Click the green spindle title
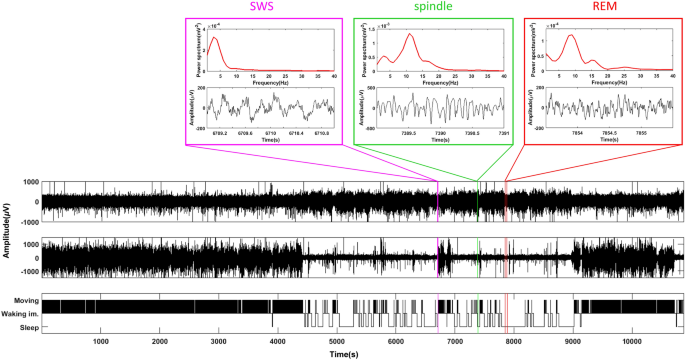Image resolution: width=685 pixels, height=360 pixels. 432,7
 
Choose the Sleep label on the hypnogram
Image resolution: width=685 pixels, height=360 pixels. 27,327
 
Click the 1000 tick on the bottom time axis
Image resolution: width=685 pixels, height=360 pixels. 100,342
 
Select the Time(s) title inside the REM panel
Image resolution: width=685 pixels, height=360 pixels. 608,139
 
